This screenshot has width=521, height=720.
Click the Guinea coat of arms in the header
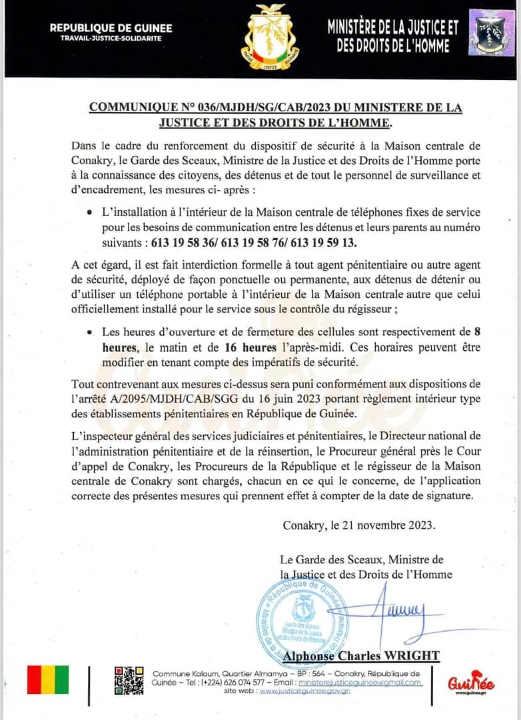click(x=270, y=37)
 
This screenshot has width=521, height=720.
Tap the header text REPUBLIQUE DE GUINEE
click(x=111, y=28)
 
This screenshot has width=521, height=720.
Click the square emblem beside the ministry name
click(x=492, y=33)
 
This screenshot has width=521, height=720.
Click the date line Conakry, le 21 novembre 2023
click(x=359, y=525)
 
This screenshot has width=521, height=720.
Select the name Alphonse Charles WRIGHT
click(x=361, y=656)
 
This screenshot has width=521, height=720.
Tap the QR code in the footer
click(x=129, y=680)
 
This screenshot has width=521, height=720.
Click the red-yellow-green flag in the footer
click(x=47, y=679)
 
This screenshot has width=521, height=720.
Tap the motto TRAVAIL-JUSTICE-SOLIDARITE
click(x=111, y=37)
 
